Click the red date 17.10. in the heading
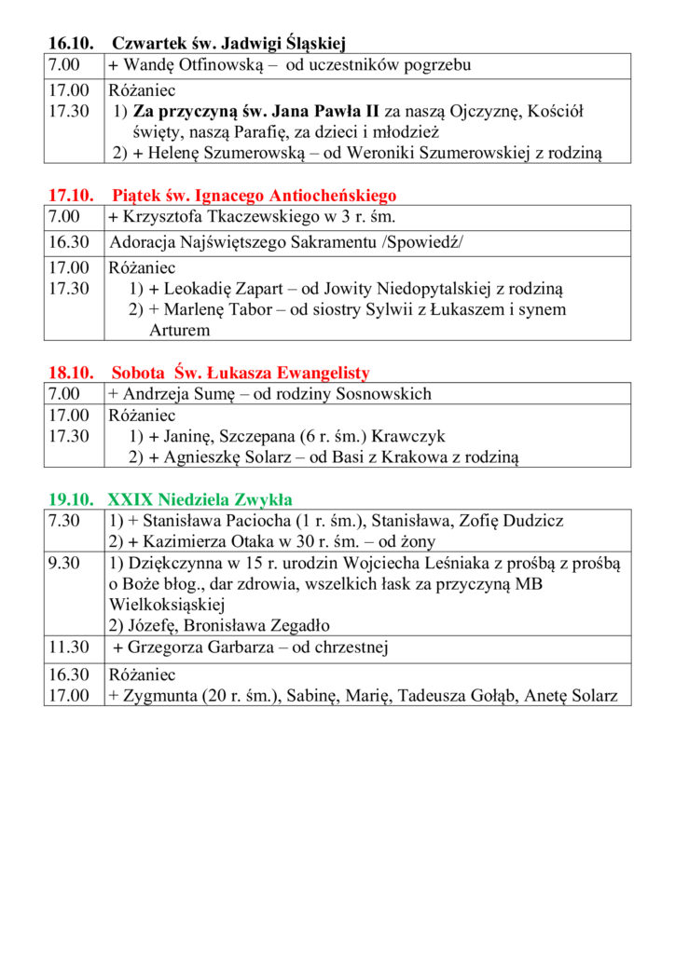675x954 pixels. click(x=71, y=196)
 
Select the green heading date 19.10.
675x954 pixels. click(x=71, y=499)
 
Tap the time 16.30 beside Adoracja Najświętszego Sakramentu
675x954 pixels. click(x=69, y=242)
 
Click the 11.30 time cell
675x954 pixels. click(x=69, y=647)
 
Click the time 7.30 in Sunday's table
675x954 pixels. click(x=64, y=521)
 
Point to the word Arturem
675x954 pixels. click(x=179, y=330)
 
